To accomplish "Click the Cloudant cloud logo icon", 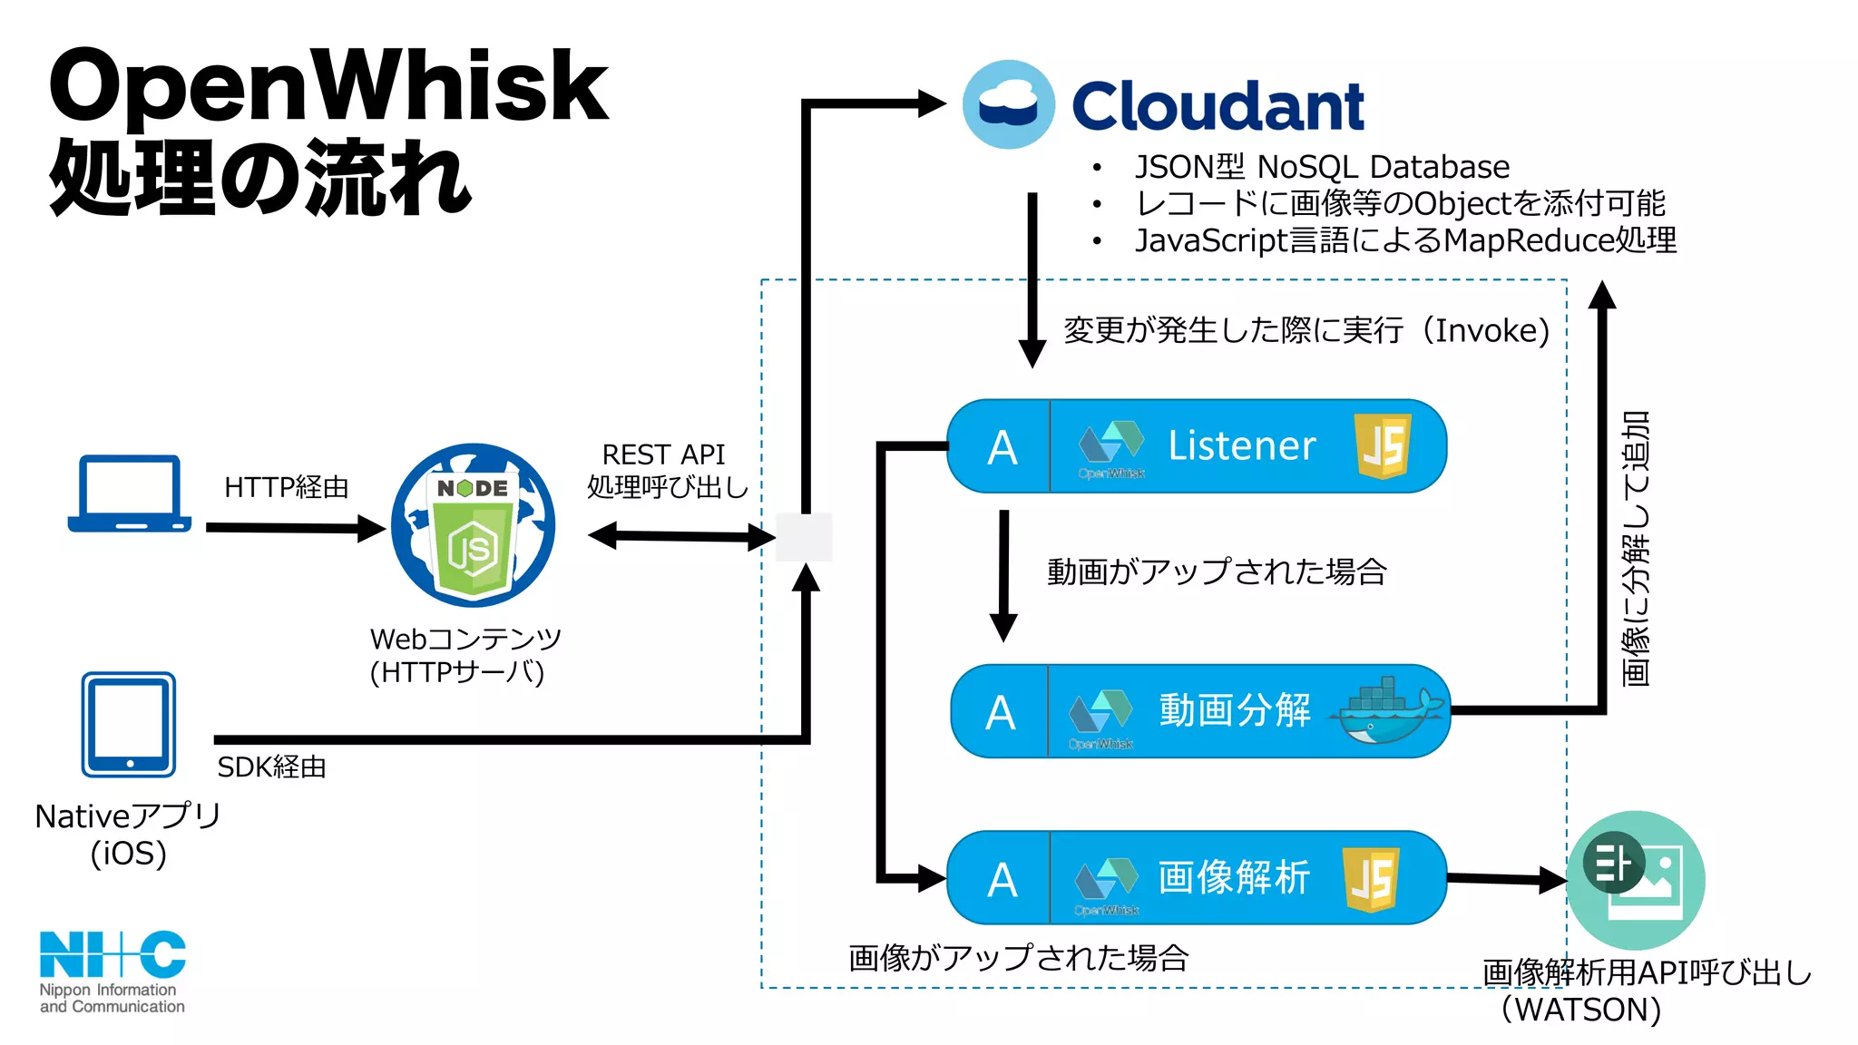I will pyautogui.click(x=1008, y=104).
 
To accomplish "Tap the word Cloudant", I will pyautogui.click(x=1217, y=107).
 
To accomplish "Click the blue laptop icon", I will pyautogui.click(x=130, y=494).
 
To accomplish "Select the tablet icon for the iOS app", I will pyautogui.click(x=129, y=725).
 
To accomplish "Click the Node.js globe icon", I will pyautogui.click(x=474, y=526).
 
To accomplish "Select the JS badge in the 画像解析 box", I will pyautogui.click(x=1372, y=878).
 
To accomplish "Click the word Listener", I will pyautogui.click(x=1241, y=445).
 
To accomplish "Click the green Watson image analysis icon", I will pyautogui.click(x=1636, y=880).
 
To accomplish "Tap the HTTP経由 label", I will pyautogui.click(x=287, y=487).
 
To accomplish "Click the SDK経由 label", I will pyautogui.click(x=271, y=767).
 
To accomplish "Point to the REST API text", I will pyautogui.click(x=664, y=454).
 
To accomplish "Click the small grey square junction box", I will pyautogui.click(x=804, y=537).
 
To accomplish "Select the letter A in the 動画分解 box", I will pyautogui.click(x=1000, y=713).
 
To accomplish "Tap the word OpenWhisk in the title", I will pyautogui.click(x=328, y=86).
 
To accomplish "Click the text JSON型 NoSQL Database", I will pyautogui.click(x=1322, y=167).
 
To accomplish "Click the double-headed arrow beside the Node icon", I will pyautogui.click(x=680, y=536).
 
